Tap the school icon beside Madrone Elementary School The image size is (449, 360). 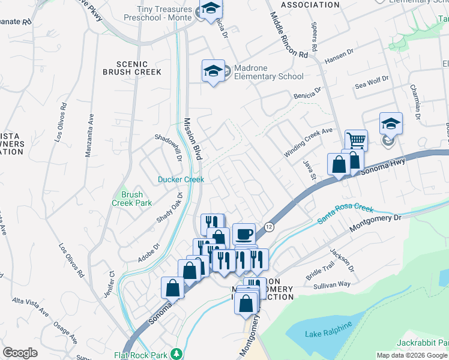pos(213,71)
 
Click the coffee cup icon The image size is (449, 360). pos(244,233)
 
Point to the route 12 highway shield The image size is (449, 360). pos(269,226)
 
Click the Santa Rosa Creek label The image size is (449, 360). pos(345,214)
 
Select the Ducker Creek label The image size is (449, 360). pos(181,179)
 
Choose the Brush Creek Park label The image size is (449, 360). pos(127,199)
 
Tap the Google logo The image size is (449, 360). pos(20,353)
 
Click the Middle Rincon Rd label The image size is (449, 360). pos(289,35)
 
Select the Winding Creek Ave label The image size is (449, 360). pos(308,142)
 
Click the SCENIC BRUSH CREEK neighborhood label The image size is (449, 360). pos(132,68)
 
